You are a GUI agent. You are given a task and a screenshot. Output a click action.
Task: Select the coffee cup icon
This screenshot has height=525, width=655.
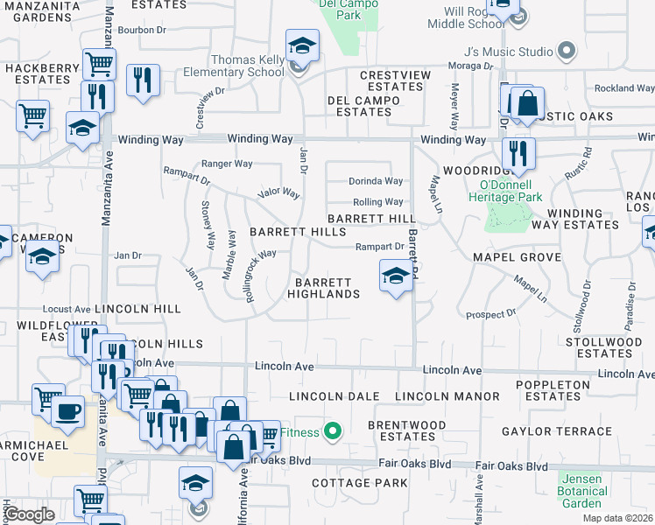pos(67,410)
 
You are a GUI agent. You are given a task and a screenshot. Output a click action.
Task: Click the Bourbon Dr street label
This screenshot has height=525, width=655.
pos(141,29)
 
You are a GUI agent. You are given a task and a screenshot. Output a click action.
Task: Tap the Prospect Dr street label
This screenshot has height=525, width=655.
pos(490,314)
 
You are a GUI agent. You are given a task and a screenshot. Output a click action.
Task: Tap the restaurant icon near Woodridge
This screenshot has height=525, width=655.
pos(518,153)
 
